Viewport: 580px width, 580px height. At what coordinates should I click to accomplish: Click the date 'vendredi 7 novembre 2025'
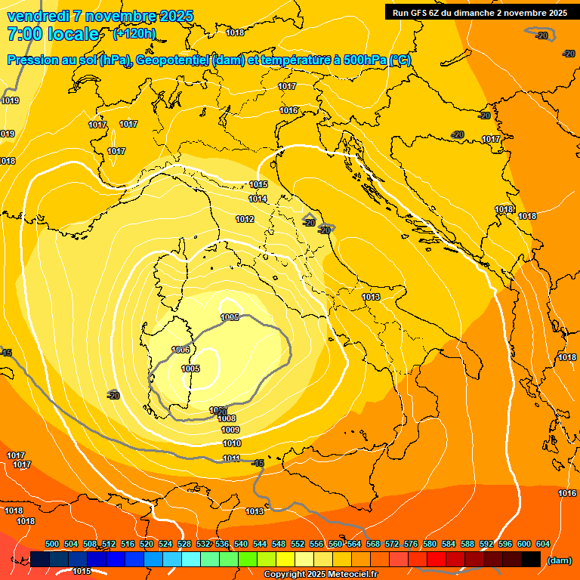100,16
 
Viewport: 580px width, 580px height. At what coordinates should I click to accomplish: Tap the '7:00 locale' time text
52,34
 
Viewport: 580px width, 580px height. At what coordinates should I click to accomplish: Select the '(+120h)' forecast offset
134,34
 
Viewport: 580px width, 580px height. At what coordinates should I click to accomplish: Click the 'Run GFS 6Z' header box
480,13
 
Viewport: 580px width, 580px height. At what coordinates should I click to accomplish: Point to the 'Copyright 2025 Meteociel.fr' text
320,575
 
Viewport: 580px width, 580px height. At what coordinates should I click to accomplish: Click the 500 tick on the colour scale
52,544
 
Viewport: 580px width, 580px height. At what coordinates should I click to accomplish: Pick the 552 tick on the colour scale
298,544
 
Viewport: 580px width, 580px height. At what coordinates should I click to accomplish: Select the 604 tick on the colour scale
543,544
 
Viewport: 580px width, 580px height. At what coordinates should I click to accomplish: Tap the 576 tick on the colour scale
411,544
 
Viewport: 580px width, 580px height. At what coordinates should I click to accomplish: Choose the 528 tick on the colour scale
184,544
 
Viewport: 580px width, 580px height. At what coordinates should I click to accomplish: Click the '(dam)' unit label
559,560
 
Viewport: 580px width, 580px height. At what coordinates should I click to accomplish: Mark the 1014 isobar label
258,199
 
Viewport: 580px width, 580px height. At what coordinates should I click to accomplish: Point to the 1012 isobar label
245,219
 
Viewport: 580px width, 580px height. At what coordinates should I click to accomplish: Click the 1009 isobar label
230,430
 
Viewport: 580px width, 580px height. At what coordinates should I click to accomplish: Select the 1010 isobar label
232,443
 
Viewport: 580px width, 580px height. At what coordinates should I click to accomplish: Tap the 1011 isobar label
232,458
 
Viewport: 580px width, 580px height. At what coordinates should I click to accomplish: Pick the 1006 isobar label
181,350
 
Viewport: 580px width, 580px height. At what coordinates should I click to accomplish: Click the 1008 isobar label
227,418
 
